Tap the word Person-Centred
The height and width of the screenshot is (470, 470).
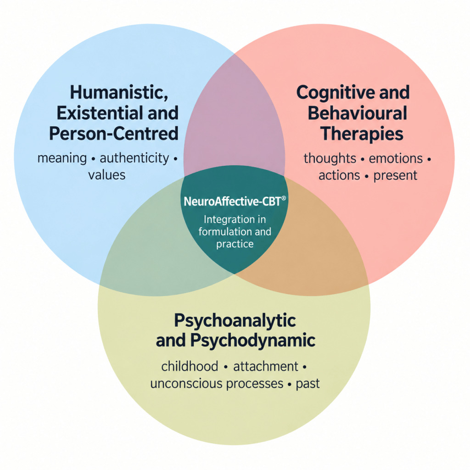pyautogui.click(x=114, y=134)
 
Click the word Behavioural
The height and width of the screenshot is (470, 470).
pyautogui.click(x=357, y=113)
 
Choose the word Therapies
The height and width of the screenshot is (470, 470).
pyautogui.click(x=362, y=134)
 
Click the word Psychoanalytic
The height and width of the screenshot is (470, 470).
pyautogui.click(x=235, y=321)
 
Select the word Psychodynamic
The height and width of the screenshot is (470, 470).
pyautogui.click(x=253, y=341)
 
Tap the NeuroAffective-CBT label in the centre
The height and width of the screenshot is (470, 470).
pyautogui.click(x=232, y=201)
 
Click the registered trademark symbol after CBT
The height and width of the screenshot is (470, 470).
pyautogui.click(x=284, y=198)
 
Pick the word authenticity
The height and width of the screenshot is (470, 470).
pyautogui.click(x=134, y=158)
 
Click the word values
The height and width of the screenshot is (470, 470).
pyautogui.click(x=106, y=175)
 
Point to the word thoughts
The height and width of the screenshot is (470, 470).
pyautogui.click(x=330, y=158)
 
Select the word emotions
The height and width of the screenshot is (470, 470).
pyautogui.click(x=396, y=158)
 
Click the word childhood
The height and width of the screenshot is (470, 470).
pyautogui.click(x=190, y=366)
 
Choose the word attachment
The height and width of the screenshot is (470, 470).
pyautogui.click(x=266, y=367)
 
